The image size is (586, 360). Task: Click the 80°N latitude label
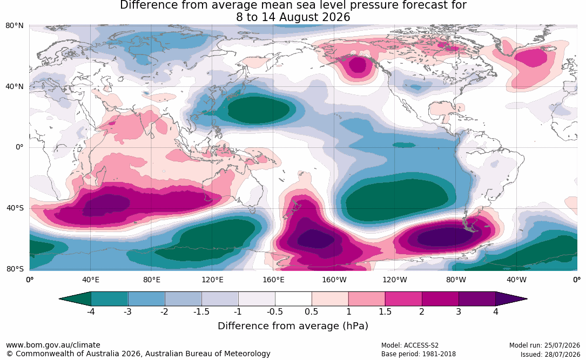click(14, 26)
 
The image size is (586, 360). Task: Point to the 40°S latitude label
click(15, 208)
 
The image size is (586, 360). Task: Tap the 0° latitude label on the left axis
click(19, 147)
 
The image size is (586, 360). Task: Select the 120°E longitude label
click(212, 280)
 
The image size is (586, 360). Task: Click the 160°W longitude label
click(334, 280)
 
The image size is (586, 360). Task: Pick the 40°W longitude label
click(516, 280)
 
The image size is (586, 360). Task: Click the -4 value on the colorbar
click(91, 311)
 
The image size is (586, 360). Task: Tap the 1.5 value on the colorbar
click(385, 311)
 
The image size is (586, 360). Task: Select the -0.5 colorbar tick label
click(275, 311)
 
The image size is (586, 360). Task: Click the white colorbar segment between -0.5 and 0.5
click(293, 299)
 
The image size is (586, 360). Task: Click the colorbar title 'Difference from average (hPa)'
click(293, 325)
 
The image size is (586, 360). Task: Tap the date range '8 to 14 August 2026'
click(293, 17)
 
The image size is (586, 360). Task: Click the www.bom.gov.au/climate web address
click(53, 345)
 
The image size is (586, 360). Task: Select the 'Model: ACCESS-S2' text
click(410, 345)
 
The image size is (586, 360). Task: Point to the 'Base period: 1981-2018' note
click(419, 354)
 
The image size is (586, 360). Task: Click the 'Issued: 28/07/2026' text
click(550, 354)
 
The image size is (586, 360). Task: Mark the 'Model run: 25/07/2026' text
click(544, 345)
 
